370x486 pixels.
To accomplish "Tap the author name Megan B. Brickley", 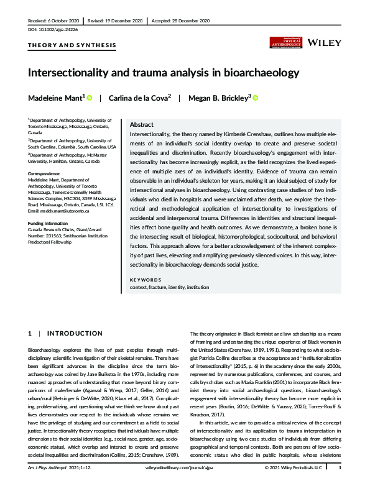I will (x=218, y=98).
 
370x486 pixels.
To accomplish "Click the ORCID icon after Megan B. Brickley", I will (x=255, y=98).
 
